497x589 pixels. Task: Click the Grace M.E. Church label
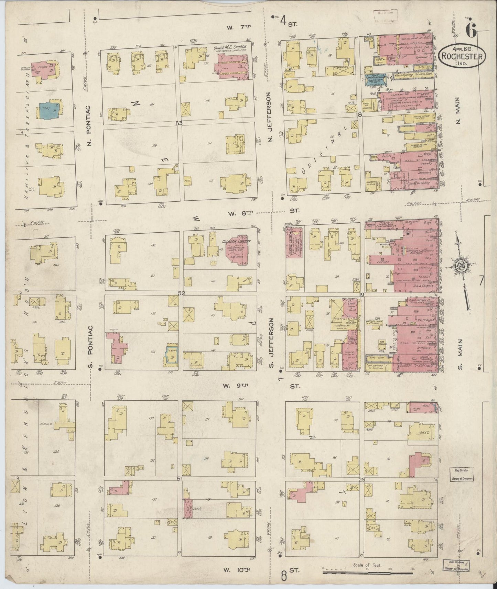(x=230, y=47)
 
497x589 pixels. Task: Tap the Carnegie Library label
(x=236, y=241)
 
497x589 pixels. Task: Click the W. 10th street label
(x=236, y=570)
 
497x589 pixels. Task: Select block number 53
(x=179, y=123)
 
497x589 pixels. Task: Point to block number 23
(x=361, y=480)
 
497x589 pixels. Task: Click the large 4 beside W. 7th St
(x=283, y=21)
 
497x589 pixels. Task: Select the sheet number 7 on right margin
(x=481, y=281)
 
